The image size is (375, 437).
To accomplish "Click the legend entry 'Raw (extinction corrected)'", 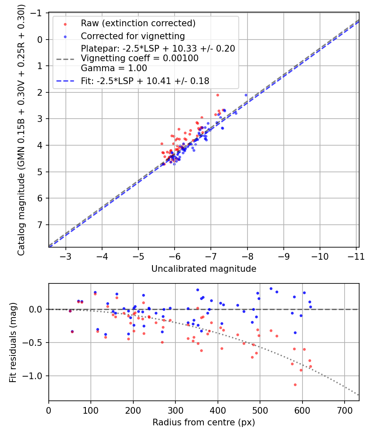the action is pos(138,23).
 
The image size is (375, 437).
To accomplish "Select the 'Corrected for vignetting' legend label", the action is pos(133,36).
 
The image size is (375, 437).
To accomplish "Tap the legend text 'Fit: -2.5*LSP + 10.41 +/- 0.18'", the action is pos(145,81).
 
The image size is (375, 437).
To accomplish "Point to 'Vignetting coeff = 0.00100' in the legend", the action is pos(140,58).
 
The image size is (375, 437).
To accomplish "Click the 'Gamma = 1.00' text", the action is pos(114,68).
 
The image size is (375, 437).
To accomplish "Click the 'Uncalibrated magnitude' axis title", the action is pos(204,269).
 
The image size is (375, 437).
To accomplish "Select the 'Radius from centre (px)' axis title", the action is pos(204,422).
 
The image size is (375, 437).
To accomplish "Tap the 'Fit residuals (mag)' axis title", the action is pos(13,342).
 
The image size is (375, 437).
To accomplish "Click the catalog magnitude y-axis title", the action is pos(21,129).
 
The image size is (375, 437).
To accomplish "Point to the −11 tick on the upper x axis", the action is pos(356,256).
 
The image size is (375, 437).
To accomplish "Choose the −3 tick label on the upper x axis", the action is pos(66,256).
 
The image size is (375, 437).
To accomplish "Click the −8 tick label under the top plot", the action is pos(247,256).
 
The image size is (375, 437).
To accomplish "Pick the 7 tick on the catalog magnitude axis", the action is pos(40,225).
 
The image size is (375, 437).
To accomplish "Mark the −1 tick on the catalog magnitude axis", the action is pos(37,13).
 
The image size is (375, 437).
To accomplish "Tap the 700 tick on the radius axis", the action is pos(345,411).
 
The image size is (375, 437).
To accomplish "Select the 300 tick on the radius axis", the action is pos(175,411).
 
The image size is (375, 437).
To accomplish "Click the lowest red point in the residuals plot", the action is pos(295,385).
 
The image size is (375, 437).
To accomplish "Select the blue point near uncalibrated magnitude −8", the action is pos(246,95).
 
